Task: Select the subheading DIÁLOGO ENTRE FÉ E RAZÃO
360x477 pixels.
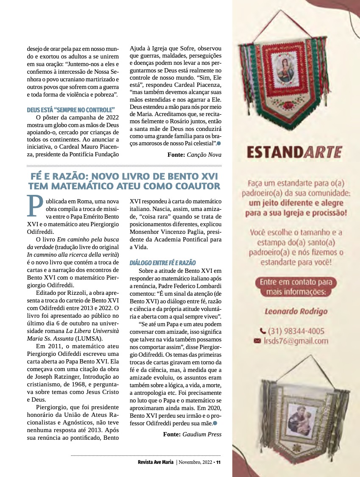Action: click(163, 263)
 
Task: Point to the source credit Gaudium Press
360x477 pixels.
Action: click(202, 434)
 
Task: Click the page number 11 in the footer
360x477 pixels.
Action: click(219, 462)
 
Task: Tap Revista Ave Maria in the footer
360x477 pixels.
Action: click(155, 462)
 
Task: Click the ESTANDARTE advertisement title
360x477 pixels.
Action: click(295, 151)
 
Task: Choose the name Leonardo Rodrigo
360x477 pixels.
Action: click(296, 311)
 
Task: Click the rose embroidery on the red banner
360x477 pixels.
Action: click(288, 105)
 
